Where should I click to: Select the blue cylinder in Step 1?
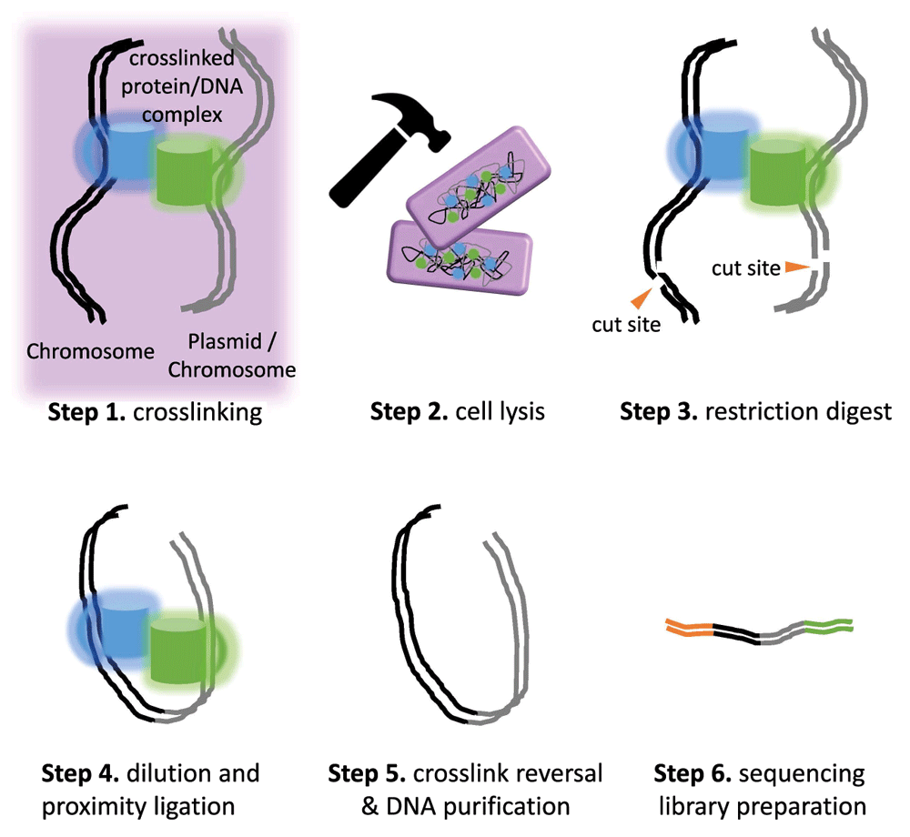click(x=129, y=150)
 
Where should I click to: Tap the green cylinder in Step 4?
click(x=177, y=650)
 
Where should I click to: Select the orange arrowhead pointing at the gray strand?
click(x=797, y=266)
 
